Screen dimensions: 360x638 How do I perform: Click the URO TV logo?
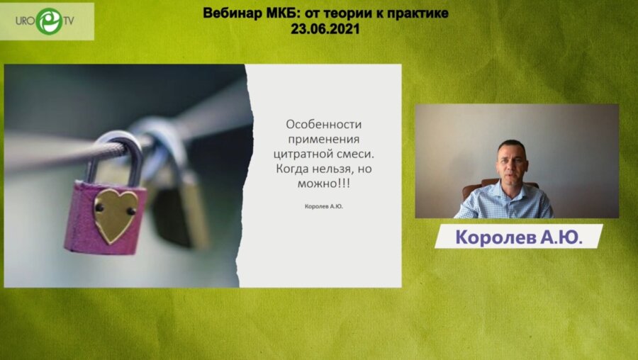pos(47,21)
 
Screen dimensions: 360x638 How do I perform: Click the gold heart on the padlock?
pos(116,215)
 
